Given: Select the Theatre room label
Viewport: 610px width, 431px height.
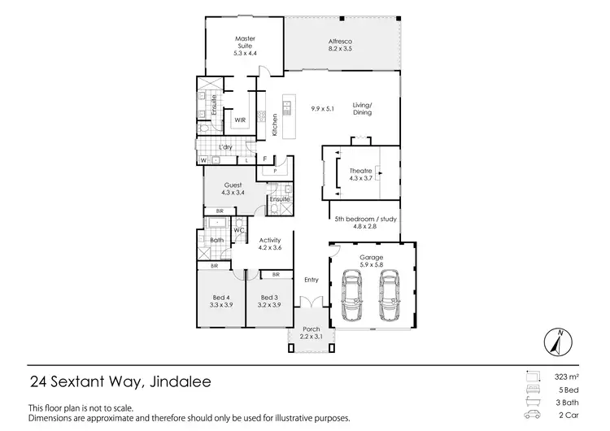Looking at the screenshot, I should click(359, 174).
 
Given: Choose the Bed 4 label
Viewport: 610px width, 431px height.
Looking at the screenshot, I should click(221, 301).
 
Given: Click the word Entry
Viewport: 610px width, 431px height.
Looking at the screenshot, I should click(312, 280).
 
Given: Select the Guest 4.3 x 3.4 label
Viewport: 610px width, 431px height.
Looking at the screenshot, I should click(233, 189).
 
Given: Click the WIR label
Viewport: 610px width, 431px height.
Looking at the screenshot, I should click(240, 120).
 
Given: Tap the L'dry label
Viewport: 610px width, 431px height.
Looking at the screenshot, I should click(226, 147).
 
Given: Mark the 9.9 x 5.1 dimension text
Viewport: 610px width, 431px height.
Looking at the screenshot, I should click(324, 107).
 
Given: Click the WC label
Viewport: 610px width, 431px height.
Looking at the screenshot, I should click(239, 231).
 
